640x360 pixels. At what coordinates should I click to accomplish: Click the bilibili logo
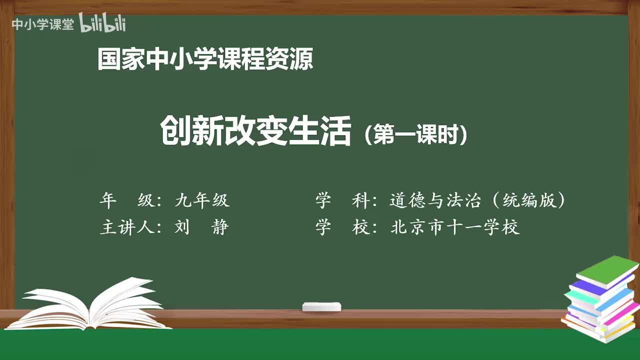coord(102,23)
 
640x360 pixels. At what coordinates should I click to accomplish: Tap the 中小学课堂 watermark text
coord(42,24)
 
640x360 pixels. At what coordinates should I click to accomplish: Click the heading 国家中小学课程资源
coord(205,59)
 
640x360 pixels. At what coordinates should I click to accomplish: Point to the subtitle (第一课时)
coord(416,134)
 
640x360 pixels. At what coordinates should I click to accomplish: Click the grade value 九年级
coord(202,200)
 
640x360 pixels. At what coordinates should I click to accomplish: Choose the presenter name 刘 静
coord(202,227)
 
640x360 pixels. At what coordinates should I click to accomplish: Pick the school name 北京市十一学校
coord(455,227)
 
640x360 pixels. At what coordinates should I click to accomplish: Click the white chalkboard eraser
coord(321,306)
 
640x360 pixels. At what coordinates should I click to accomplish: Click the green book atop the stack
coord(607,270)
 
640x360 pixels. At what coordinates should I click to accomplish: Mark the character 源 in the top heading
coord(301,59)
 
